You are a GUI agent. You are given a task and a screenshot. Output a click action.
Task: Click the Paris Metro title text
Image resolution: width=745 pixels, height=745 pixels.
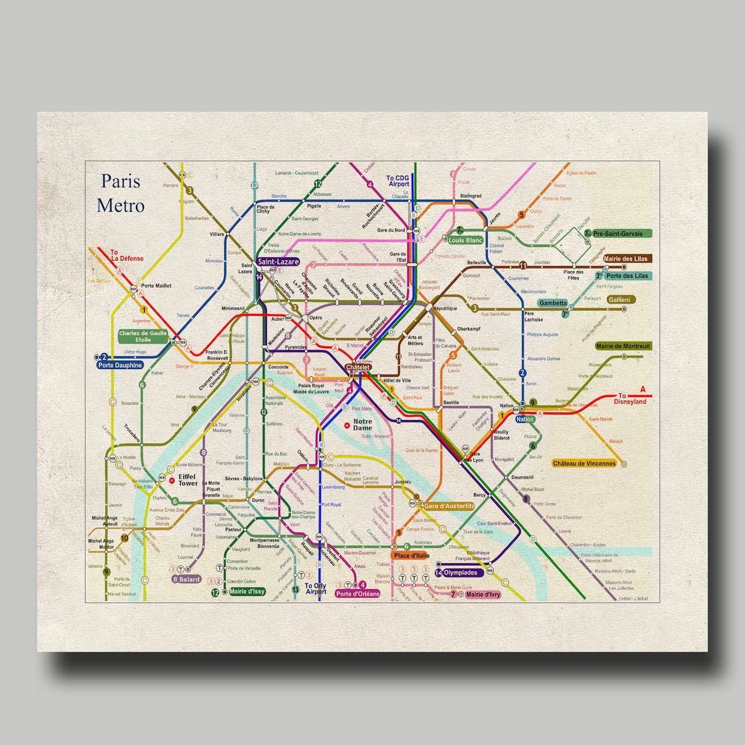(x=121, y=193)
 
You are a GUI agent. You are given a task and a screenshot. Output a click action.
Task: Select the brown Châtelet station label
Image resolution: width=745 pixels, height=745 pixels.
(x=358, y=368)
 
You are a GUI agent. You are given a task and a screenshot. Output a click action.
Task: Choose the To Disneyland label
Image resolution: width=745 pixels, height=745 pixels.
(x=630, y=398)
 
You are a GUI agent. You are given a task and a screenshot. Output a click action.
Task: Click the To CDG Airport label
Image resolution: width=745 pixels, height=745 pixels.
(x=398, y=181)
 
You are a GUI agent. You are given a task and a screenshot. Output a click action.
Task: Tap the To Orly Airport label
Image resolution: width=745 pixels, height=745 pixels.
(x=316, y=588)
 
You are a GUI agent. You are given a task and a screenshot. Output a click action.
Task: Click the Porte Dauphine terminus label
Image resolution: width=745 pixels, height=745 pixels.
(x=121, y=365)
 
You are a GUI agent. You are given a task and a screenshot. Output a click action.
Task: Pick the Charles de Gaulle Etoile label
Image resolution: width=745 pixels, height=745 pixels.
(x=143, y=336)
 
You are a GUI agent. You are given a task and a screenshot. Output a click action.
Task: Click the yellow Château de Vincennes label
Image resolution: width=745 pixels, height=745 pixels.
(x=584, y=464)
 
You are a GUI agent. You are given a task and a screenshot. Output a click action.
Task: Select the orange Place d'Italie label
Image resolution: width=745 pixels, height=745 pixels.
(x=411, y=555)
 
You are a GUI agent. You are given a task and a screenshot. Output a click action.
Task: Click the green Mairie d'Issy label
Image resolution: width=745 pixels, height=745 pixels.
(x=246, y=591)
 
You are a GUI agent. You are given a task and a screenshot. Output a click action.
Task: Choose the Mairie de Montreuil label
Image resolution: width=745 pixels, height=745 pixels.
(x=623, y=346)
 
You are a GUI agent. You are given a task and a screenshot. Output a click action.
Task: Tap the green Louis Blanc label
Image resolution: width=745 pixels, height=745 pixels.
(x=466, y=241)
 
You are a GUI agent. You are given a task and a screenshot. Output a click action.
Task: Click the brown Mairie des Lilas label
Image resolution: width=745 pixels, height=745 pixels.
(x=626, y=259)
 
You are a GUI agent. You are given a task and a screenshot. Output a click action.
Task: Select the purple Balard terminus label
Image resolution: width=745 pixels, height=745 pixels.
(x=186, y=579)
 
